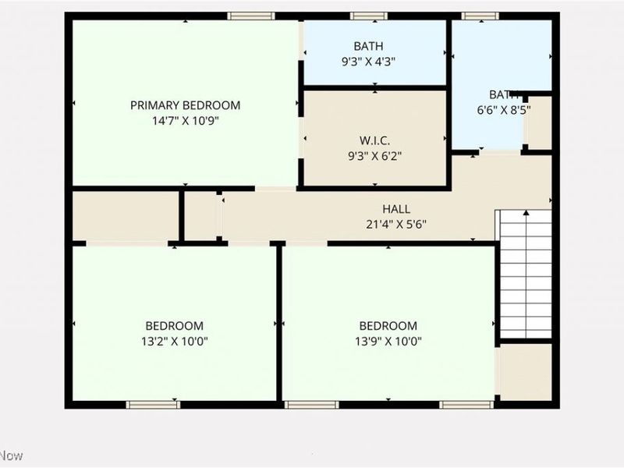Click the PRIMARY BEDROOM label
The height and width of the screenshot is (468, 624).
(185, 105)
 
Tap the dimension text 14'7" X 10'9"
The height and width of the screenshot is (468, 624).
(185, 121)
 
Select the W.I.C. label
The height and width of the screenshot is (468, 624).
(374, 140)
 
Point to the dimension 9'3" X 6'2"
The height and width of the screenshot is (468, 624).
(374, 156)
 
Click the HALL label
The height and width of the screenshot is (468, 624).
(396, 209)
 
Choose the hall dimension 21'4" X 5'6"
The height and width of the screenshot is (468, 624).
(396, 225)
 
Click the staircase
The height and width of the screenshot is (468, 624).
(525, 273)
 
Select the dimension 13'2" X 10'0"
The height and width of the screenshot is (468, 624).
(175, 341)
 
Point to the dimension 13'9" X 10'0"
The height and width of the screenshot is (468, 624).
(388, 341)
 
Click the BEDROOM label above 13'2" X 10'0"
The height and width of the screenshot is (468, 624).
(175, 325)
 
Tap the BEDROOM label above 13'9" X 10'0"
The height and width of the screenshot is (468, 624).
(388, 325)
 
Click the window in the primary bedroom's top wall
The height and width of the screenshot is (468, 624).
(251, 16)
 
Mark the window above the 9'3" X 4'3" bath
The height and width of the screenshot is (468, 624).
(368, 16)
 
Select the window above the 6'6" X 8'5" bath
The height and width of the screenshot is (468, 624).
(480, 16)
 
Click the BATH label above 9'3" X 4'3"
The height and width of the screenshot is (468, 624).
(368, 46)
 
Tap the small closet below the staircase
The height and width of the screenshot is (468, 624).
(525, 371)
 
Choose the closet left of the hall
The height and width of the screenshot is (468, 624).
(125, 216)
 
